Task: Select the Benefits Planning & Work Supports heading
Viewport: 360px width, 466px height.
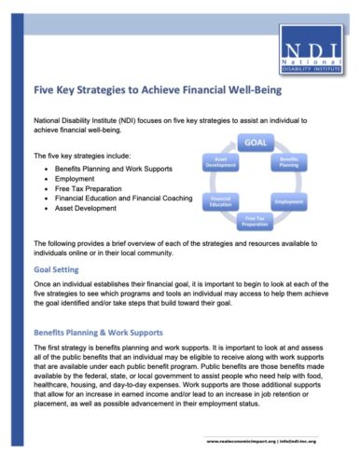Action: click(x=98, y=332)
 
